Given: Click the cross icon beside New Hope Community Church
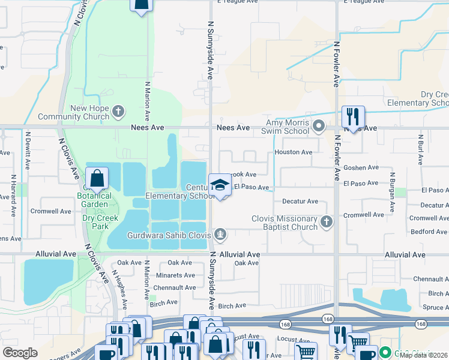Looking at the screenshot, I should click(119, 111).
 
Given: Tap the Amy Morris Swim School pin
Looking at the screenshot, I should click(319, 127).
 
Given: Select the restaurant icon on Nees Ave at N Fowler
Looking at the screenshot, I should click(352, 116).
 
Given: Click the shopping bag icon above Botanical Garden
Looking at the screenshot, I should click(97, 178).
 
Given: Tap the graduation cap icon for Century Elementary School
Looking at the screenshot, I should click(220, 185).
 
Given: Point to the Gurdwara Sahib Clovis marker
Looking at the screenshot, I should click(220, 235).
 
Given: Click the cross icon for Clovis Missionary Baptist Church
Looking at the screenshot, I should click(326, 223).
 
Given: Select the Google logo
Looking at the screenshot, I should click(20, 353).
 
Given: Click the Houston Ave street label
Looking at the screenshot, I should click(293, 152).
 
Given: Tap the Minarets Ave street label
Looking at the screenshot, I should click(173, 275).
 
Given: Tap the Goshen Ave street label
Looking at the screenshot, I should click(361, 167).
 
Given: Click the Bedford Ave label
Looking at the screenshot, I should click(429, 232).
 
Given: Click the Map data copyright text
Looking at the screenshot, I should click(423, 355).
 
